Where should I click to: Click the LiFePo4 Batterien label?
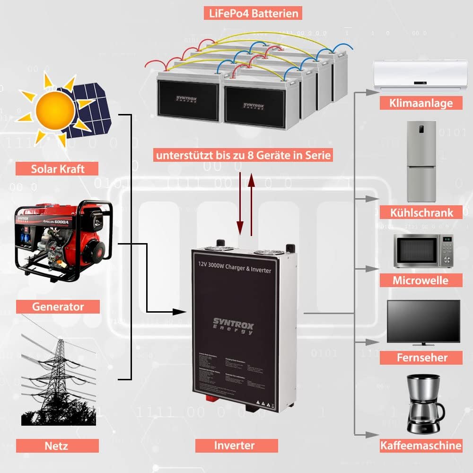pos(254,13)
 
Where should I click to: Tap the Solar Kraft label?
pos(57,168)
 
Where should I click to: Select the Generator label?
pos(58,307)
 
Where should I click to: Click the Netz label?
pos(57,446)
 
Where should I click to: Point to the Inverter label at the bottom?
pos(234,445)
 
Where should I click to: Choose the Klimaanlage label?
pos(421,103)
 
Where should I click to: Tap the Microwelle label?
pos(420,280)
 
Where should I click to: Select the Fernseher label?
pos(420,357)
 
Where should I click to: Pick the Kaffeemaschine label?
pos(420,445)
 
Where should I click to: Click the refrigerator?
pos(421,161)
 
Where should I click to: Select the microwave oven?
pos(424,251)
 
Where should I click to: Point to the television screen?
pos(423,321)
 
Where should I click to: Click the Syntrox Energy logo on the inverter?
pos(234,326)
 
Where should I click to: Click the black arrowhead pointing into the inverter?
pos(179,312)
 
